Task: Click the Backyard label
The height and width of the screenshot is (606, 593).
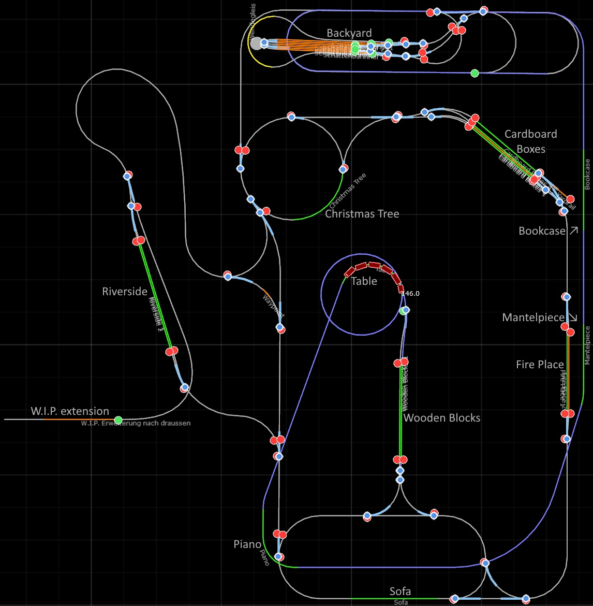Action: click(349, 33)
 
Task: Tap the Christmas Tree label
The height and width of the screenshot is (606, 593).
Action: click(362, 213)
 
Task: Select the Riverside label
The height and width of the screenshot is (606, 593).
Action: click(125, 292)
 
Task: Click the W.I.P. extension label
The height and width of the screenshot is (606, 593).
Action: click(70, 411)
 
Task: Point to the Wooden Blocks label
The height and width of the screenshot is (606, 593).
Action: click(442, 417)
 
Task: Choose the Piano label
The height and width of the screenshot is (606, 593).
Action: click(247, 544)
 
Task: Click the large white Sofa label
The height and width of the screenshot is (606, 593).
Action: click(401, 591)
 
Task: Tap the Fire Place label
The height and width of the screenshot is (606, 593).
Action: click(540, 365)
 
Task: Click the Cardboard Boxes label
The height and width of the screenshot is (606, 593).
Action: click(531, 141)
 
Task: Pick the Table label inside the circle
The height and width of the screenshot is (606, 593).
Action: click(364, 281)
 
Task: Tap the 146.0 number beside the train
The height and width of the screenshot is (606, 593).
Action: click(410, 294)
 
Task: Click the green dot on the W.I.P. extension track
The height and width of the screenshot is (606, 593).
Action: click(118, 420)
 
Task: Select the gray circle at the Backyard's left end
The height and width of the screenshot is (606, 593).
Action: click(256, 44)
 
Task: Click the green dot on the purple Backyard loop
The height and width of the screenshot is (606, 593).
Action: click(475, 73)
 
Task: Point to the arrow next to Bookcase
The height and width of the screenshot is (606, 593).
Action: click(573, 230)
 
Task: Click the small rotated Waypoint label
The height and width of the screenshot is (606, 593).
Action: click(273, 306)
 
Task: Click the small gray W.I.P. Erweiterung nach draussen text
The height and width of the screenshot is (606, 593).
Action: click(136, 423)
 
